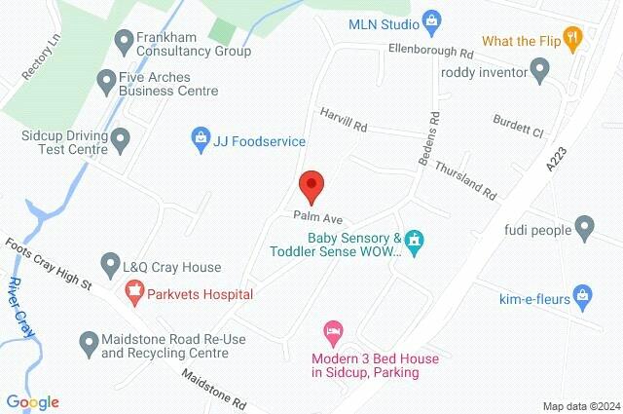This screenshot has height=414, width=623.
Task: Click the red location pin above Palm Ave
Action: pos(311,183)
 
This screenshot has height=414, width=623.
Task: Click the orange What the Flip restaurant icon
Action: pos(574,40)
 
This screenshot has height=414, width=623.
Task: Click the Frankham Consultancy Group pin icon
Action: pos(124,41)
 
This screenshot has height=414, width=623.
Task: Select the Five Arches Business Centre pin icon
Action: pos(105,81)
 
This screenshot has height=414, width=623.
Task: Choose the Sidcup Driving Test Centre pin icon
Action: pos(121,141)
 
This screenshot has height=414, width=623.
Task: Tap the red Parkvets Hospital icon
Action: pos(134,291)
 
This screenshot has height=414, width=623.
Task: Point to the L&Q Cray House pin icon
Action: pos(112,264)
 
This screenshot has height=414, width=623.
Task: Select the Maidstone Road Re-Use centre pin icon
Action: pos(89,341)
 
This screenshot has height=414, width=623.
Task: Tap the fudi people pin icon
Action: pos(584,229)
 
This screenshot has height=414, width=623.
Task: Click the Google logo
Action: pos(32,401)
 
